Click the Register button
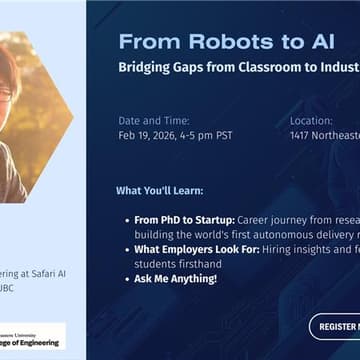[335, 325]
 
